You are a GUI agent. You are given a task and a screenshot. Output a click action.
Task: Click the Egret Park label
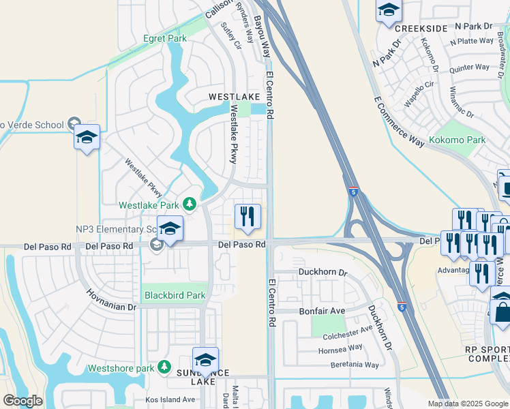pos(164,39)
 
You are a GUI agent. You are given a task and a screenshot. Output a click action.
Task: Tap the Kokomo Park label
pos(457,140)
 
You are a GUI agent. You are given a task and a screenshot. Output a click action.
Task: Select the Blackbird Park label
pos(175,296)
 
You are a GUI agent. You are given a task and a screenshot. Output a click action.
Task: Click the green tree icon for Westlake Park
pos(189,204)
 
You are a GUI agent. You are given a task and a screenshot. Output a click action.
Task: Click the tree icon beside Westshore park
pos(164,368)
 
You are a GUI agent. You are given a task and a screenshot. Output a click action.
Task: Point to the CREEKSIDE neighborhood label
pos(421,28)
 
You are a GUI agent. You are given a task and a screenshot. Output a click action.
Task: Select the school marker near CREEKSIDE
pos(389,11)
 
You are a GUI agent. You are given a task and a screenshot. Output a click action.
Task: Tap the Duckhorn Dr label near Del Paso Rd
pos(323,272)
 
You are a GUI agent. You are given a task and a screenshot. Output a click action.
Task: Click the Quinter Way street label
pos(469,67)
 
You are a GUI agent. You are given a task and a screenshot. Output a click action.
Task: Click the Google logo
pos(22,401)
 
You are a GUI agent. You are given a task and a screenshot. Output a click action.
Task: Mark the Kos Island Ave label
pos(170,399)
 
